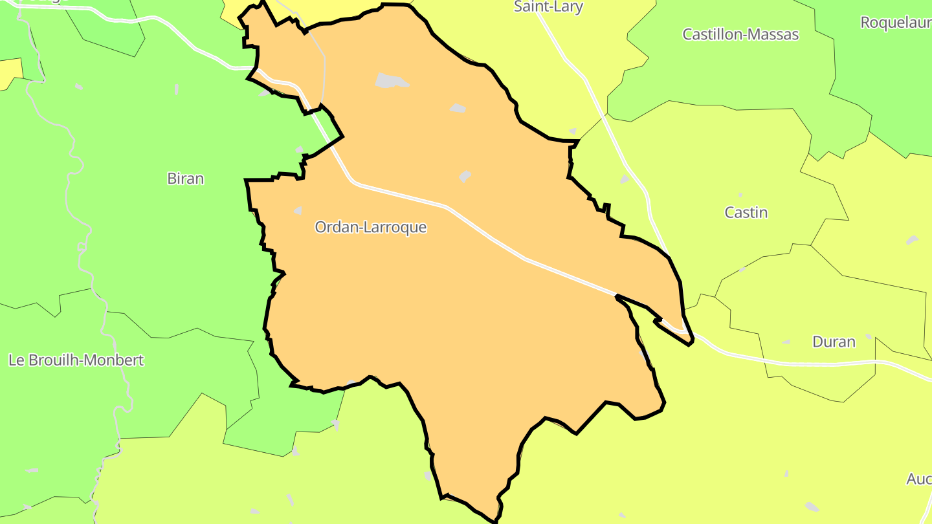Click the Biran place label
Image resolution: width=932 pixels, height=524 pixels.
click(x=186, y=179)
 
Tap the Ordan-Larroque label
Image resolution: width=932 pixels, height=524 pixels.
click(x=370, y=227)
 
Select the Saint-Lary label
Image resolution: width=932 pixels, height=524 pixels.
click(x=548, y=7)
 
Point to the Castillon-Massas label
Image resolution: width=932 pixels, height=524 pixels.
click(x=740, y=34)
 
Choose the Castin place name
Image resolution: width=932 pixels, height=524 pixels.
click(x=746, y=212)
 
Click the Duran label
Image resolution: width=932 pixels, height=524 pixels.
click(x=834, y=342)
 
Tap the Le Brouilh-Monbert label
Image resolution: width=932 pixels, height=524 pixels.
click(x=76, y=360)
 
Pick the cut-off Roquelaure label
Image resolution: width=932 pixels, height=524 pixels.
click(x=896, y=23)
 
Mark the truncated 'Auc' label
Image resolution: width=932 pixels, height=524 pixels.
click(x=918, y=479)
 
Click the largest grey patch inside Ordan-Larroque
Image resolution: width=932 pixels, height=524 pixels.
click(x=390, y=81)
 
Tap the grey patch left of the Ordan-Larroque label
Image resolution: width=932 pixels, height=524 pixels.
click(x=298, y=210)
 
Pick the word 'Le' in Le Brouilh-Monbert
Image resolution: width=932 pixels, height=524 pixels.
click(x=16, y=360)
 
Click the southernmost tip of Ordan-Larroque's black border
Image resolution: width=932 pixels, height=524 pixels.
click(x=495, y=520)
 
